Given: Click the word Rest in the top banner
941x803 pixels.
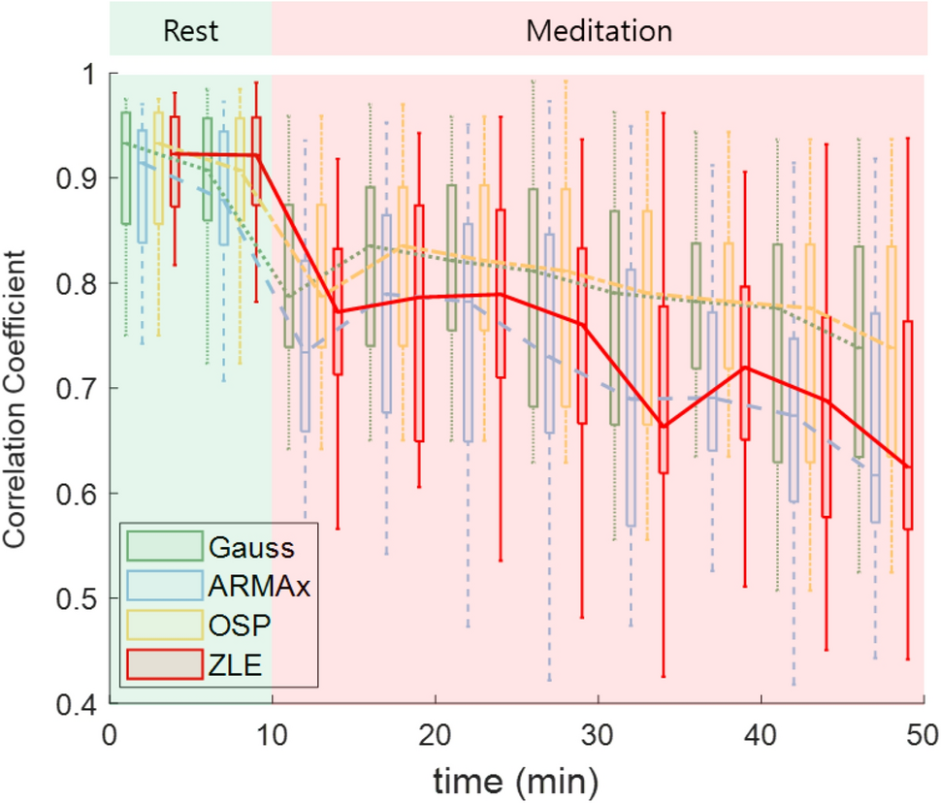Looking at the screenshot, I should click(x=191, y=30).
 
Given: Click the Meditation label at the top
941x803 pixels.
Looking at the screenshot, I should click(x=599, y=30).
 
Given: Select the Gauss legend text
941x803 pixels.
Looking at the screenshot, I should click(x=250, y=547).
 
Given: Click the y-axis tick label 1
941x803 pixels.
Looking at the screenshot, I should click(x=93, y=75).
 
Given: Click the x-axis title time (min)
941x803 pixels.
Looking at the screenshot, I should click(x=516, y=777).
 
